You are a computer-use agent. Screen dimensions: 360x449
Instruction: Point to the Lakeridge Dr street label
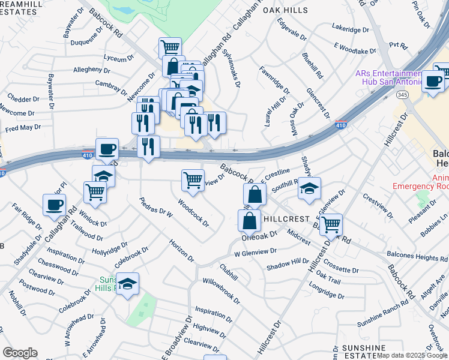[352, 27]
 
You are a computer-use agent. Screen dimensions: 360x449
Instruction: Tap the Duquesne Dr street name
[71, 43]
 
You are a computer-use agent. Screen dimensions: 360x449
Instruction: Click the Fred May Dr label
[22, 127]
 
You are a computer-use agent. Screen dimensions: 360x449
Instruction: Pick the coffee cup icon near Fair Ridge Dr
[54, 205]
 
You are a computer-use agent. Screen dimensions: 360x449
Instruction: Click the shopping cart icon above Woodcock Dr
[192, 179]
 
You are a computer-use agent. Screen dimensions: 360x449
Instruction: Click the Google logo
[20, 353]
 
